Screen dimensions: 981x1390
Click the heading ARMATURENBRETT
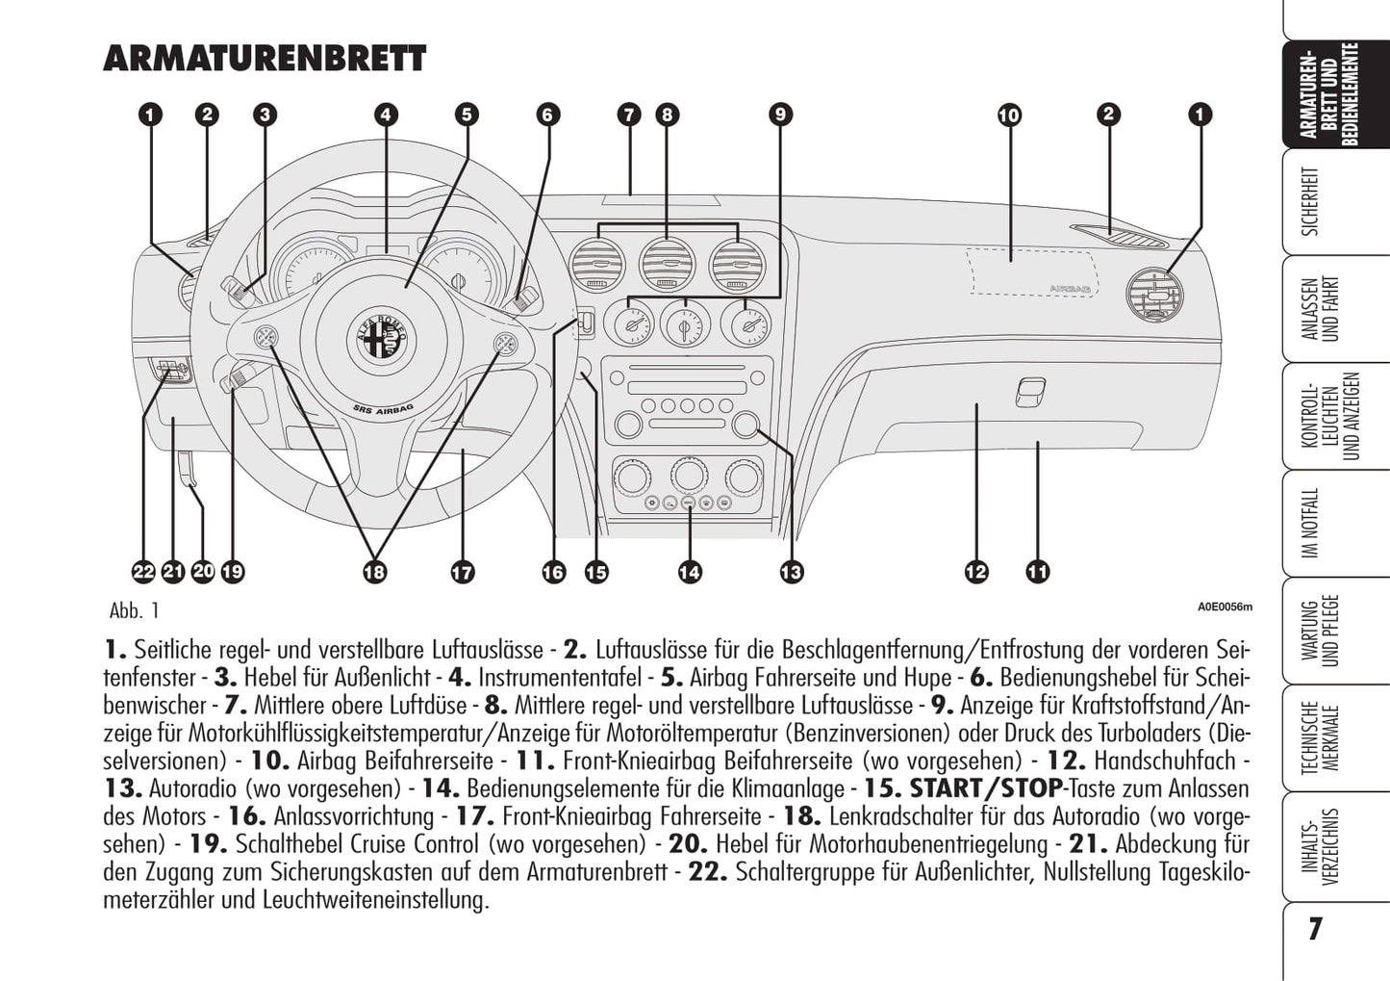point(264,59)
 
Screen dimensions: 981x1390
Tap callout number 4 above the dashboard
point(385,115)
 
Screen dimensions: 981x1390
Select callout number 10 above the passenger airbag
point(1008,116)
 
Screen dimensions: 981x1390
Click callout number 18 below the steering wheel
point(374,572)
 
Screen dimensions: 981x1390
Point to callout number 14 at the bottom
point(689,572)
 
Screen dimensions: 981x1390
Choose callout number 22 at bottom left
point(143,572)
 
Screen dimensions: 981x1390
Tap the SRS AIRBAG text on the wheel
point(384,412)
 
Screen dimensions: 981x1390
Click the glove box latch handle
point(1029,391)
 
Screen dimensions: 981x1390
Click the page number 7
point(1315,929)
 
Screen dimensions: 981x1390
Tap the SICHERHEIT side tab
point(1310,201)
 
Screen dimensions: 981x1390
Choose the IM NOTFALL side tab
point(1310,524)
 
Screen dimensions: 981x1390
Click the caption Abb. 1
point(135,610)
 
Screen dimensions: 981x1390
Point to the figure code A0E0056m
point(1225,607)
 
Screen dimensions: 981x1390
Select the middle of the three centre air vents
point(667,263)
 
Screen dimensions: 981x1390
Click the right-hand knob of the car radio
point(746,426)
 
